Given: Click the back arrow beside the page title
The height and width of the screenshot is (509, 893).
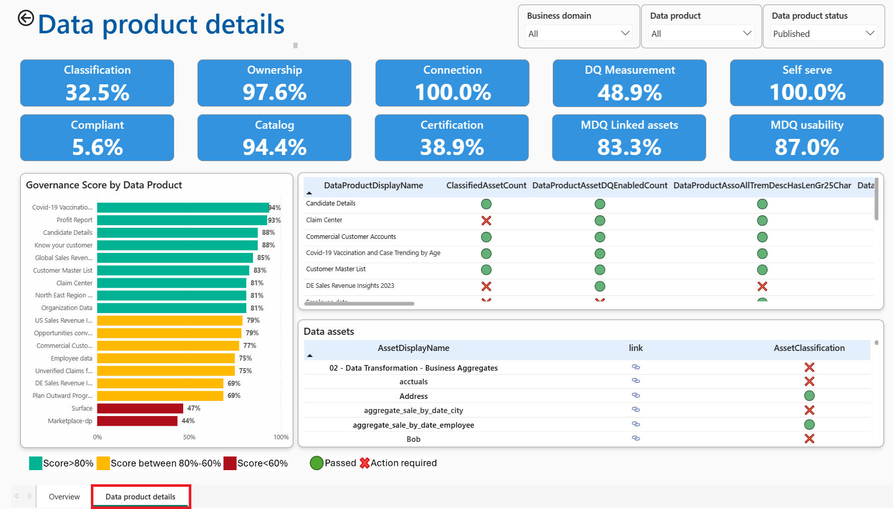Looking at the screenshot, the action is point(26,18).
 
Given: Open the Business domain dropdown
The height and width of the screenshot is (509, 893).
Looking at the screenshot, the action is point(579,33).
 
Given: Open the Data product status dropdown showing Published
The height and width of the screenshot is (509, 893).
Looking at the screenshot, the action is point(823,33).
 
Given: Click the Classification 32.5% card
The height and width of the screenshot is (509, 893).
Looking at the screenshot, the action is point(97,83).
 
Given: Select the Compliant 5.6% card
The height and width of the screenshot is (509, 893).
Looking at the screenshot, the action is point(97,138).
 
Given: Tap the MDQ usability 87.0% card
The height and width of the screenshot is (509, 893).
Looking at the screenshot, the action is point(807,138).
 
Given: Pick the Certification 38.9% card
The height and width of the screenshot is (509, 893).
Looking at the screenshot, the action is point(452,138).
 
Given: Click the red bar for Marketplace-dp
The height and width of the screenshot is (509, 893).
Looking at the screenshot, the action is point(137,421).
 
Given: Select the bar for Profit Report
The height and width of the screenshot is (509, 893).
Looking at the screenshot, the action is point(182,220).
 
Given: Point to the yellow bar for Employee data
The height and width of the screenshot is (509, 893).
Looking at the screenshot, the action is point(166,358).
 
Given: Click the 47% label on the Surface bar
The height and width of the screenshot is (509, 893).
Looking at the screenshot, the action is point(194,408).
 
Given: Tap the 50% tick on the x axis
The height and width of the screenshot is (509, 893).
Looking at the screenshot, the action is point(189,437).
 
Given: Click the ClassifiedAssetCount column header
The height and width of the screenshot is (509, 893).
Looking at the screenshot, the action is point(486,185).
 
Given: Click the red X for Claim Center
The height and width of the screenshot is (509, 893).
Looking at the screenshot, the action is point(486,221).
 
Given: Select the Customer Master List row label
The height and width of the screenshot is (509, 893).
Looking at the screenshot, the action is point(336,269).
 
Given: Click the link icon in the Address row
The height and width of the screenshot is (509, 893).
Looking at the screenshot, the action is point(636,395).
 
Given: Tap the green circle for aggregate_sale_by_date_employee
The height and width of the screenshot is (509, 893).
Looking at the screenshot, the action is point(809,425).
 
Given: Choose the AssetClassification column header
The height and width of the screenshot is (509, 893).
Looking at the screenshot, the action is point(809,348).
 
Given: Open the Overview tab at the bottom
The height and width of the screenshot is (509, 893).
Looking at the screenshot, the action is point(64,497).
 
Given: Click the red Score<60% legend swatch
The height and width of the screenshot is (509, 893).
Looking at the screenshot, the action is point(230,463).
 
